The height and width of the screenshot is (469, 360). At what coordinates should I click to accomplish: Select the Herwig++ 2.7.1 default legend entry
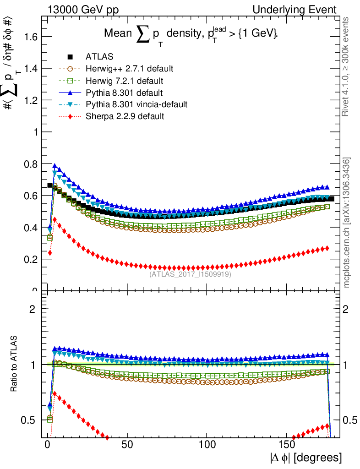click(x=129, y=69)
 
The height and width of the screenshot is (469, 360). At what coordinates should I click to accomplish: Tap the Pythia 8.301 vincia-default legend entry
click(x=136, y=104)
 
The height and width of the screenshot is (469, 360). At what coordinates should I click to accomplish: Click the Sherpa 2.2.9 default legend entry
click(x=125, y=116)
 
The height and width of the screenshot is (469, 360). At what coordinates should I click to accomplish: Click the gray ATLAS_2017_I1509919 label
click(x=190, y=274)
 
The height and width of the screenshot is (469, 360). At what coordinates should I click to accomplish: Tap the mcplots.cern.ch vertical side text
click(x=347, y=223)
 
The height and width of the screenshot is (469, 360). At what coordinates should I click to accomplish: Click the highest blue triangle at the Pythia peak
click(x=55, y=166)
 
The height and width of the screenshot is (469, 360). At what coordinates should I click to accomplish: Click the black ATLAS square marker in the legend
click(x=71, y=57)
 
